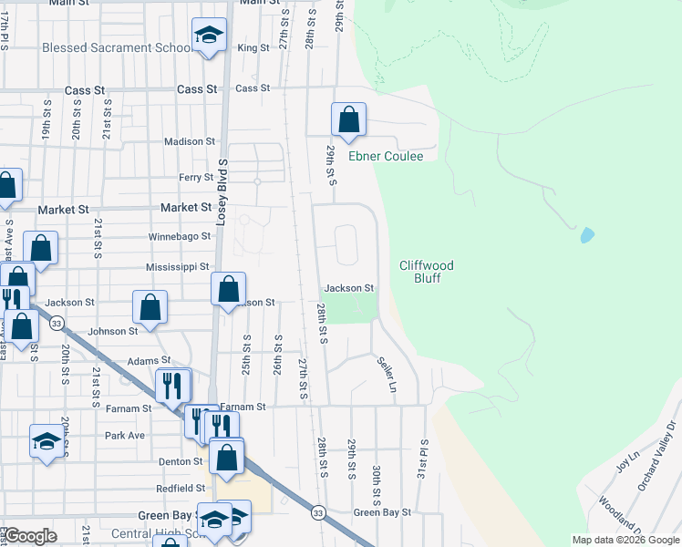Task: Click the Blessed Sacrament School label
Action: (117, 47)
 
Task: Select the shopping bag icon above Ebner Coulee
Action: (348, 119)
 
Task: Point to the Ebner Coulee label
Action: (386, 156)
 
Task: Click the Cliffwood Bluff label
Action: (427, 272)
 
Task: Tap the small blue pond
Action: (587, 235)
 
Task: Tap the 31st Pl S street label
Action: (424, 456)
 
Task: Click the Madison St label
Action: (189, 141)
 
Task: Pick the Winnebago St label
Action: (180, 236)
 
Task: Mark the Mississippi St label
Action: (178, 267)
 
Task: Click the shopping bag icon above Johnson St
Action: (150, 308)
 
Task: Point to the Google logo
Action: (31, 536)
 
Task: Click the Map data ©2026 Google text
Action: (625, 540)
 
